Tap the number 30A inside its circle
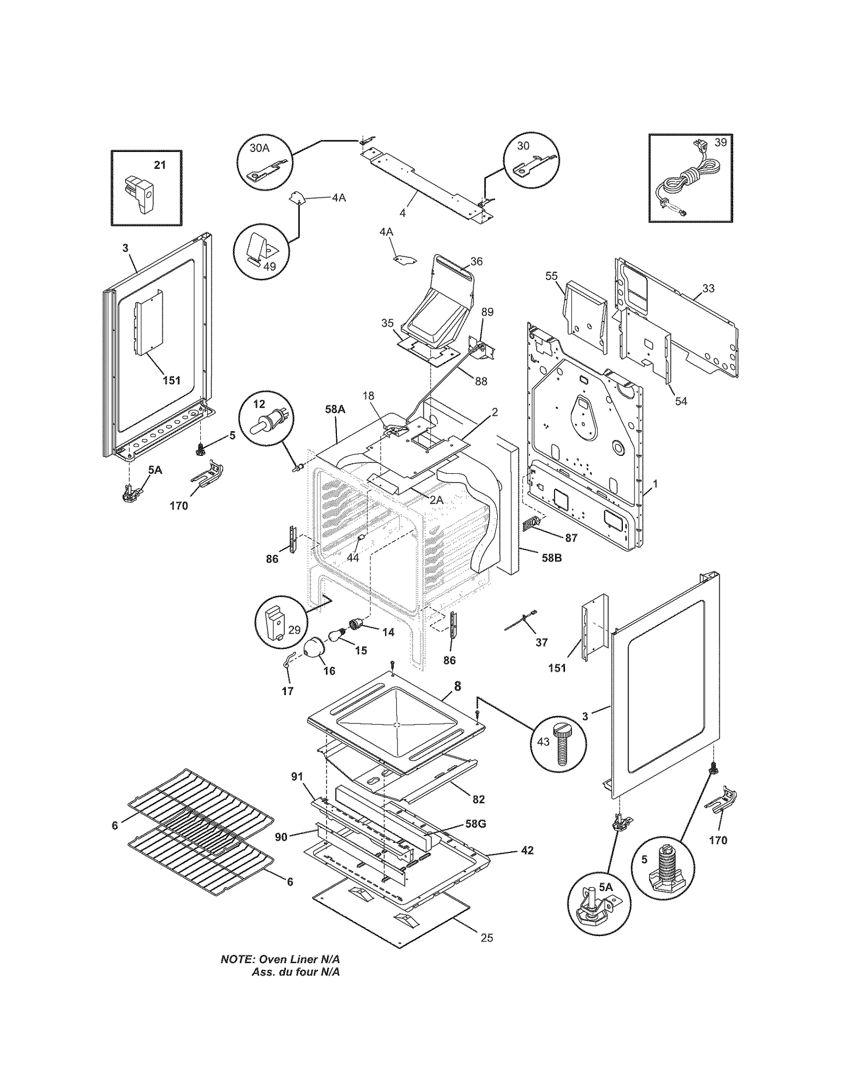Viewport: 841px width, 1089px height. (x=259, y=148)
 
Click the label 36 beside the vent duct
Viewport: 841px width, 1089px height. (x=476, y=261)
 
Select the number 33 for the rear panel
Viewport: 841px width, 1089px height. (x=708, y=288)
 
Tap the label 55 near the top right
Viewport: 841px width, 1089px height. (x=551, y=276)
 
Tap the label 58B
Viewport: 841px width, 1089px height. (x=551, y=558)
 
